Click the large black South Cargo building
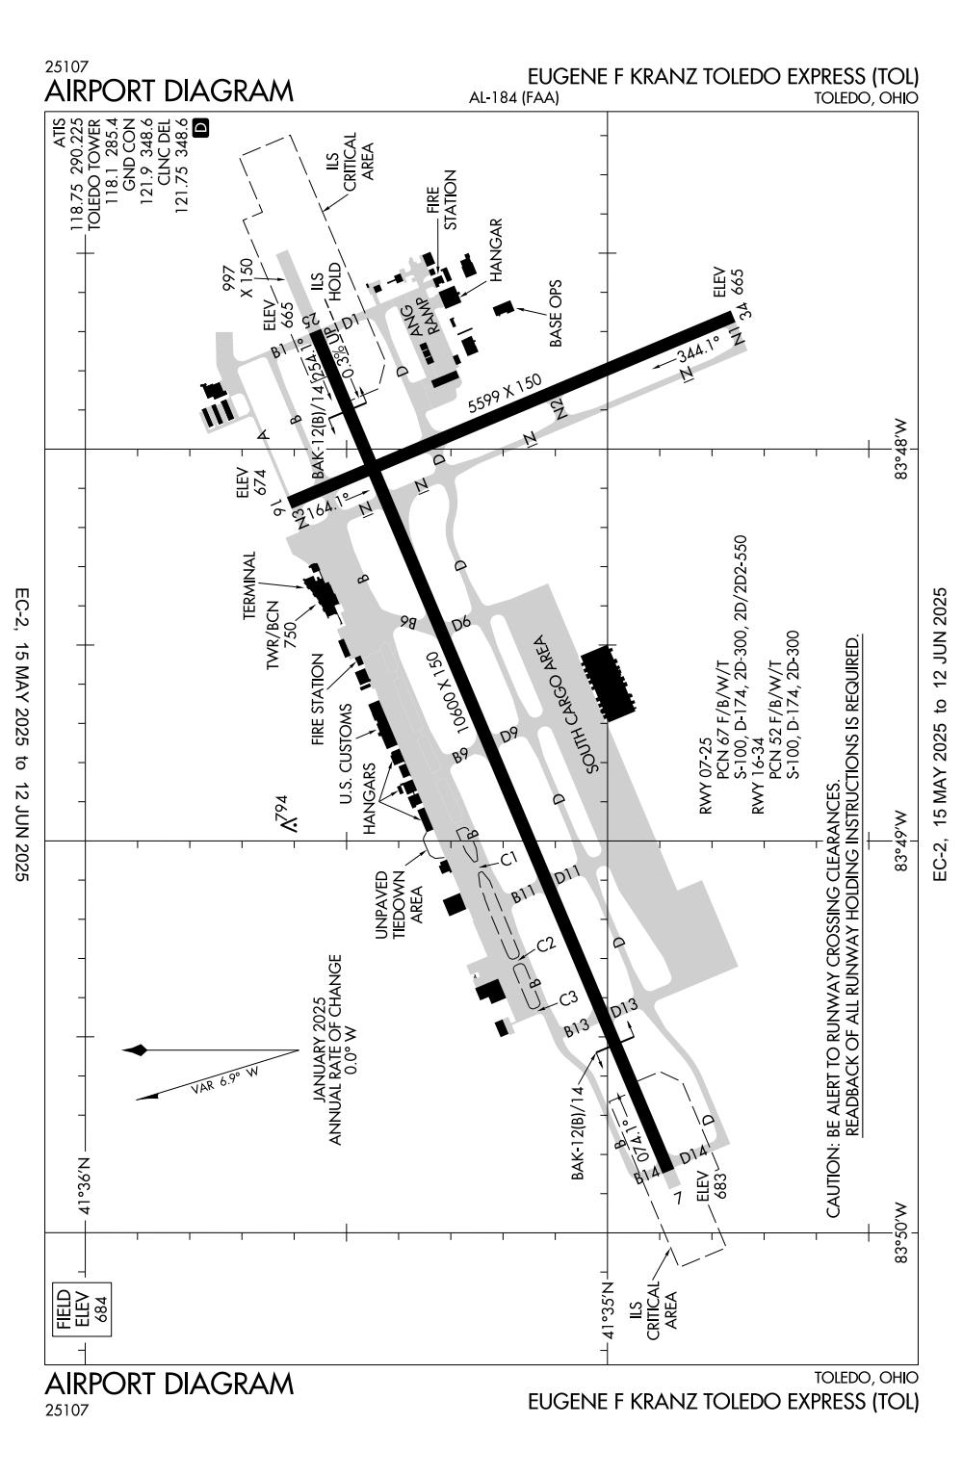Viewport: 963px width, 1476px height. pos(609,683)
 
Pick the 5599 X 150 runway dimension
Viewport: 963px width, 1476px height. pos(505,394)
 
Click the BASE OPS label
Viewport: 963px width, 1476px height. pos(557,313)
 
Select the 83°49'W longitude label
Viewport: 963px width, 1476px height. pos(900,841)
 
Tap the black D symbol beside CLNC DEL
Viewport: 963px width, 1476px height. pos(201,128)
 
